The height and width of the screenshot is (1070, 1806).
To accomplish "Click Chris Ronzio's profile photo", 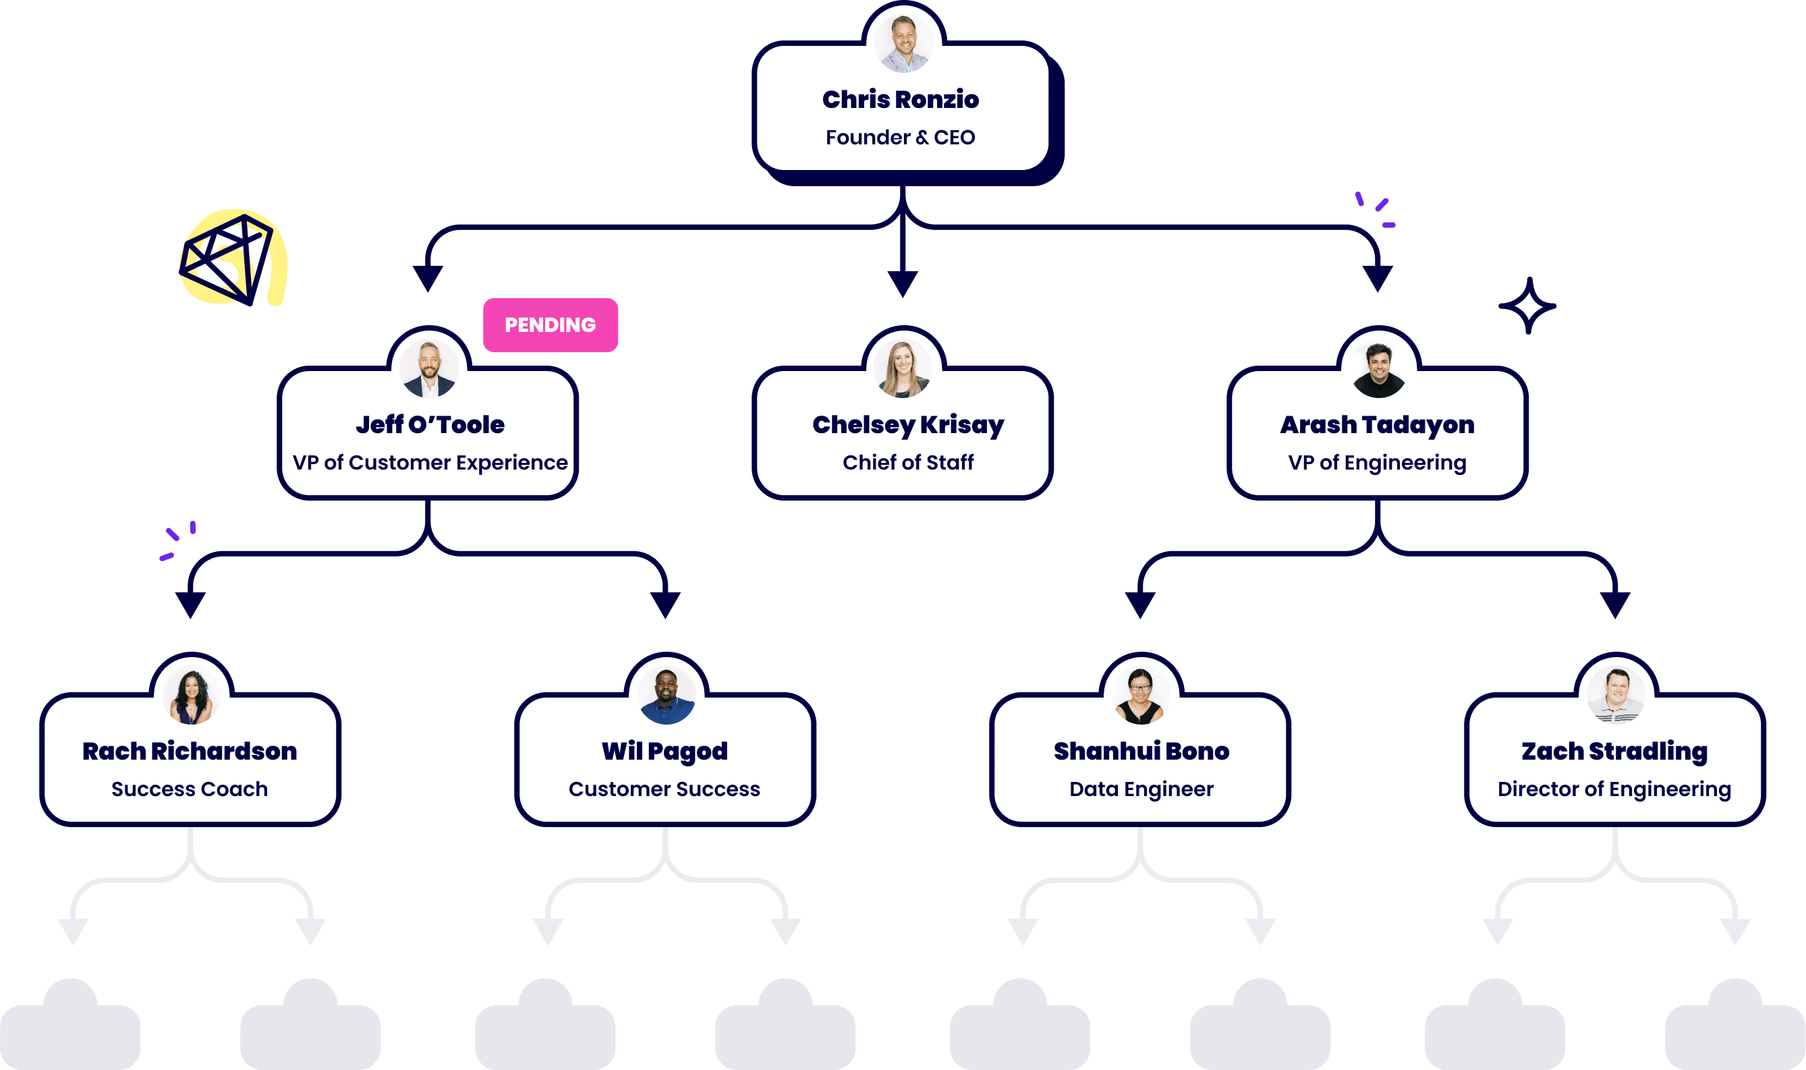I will pos(903,43).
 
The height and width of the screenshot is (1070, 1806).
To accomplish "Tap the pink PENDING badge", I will pos(550,325).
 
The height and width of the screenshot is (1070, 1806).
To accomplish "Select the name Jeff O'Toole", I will pos(430,424).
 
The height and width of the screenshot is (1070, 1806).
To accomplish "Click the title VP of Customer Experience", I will pos(430,462).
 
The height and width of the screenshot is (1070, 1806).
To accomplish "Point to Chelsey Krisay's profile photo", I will pos(903,368).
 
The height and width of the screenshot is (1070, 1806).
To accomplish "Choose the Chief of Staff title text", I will pos(907,462).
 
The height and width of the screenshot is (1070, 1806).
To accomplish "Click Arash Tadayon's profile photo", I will pos(1378,369).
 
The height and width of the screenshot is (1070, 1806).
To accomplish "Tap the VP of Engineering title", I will pos(1377,462).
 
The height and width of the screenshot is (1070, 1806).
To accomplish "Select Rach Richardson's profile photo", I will pos(191,696).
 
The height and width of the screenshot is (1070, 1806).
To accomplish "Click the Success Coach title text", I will pos(190,789).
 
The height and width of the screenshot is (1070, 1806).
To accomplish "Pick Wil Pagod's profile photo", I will pos(667,696).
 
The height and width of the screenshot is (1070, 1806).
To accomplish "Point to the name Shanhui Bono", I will pos(1141,752).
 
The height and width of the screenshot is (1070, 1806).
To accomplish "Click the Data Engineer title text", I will pos(1141,789).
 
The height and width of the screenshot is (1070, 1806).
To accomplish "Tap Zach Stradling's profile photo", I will pos(1616,696).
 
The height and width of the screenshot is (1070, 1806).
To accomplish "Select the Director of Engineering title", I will pos(1614,789).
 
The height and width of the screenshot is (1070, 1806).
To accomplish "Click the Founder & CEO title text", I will pos(901,137).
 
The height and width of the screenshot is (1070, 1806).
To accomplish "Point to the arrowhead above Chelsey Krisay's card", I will pos(903,283).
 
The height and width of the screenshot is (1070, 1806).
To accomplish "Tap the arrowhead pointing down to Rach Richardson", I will pos(191,604).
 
